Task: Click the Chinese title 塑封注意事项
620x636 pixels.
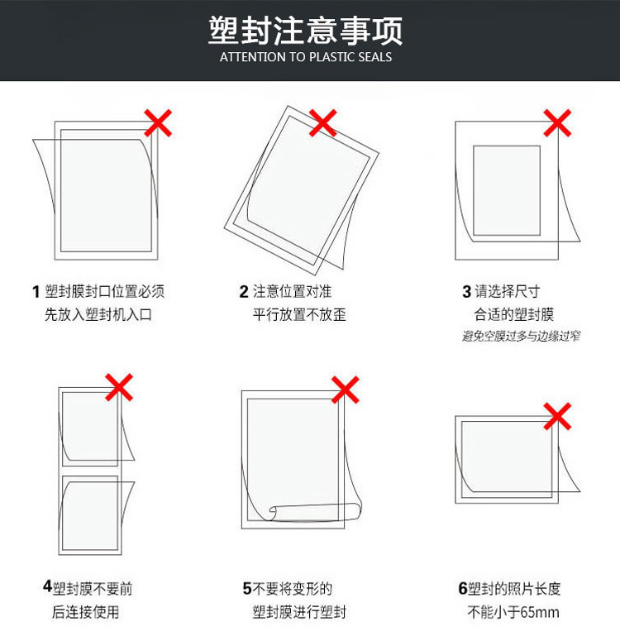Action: click(306, 31)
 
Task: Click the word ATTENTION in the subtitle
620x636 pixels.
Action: click(253, 57)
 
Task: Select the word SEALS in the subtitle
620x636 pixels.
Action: click(375, 57)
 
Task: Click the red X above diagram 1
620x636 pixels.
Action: click(158, 122)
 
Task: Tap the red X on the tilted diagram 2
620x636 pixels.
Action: click(322, 122)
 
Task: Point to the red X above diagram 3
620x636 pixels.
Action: click(557, 122)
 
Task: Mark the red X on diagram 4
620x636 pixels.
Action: click(119, 387)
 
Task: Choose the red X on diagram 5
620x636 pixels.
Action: click(345, 390)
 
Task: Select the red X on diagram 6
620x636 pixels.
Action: click(557, 417)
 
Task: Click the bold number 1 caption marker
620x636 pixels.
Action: click(36, 292)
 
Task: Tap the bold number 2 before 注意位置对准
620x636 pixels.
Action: click(244, 292)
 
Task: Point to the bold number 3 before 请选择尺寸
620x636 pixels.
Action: click(467, 292)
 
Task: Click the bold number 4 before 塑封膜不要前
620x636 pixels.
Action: click(48, 586)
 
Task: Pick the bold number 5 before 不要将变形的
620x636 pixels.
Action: click(247, 589)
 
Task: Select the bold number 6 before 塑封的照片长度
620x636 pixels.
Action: click(463, 589)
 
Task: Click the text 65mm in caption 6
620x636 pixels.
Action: click(540, 612)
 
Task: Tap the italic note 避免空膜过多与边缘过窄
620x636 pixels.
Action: click(521, 336)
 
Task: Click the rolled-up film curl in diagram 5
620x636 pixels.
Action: click(315, 512)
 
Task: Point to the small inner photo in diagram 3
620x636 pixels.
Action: click(507, 190)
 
